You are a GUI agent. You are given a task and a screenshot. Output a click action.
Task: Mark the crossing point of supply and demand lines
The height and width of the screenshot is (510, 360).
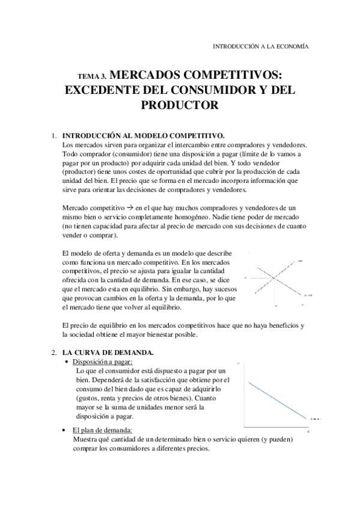273,277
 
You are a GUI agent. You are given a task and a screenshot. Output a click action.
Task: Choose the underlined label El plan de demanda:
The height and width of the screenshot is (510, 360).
102,430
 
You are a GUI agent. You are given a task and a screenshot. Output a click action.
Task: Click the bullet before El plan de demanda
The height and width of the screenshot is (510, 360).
64,430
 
